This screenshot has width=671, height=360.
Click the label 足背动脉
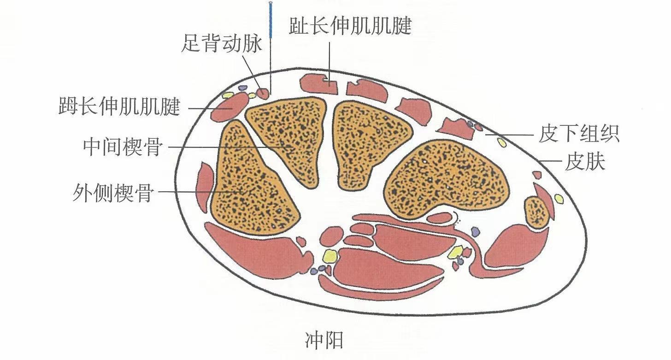point(222,44)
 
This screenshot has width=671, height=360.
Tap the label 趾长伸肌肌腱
point(350,26)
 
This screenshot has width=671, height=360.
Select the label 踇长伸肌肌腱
point(119,107)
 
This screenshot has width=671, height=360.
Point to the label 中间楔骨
point(123,147)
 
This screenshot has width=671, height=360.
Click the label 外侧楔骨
point(113,192)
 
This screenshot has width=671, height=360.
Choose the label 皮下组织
point(579,135)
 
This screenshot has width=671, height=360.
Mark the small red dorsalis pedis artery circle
point(263,94)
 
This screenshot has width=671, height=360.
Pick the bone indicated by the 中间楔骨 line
point(286,138)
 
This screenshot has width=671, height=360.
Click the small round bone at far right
point(537,212)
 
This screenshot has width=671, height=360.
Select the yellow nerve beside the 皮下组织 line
point(501,143)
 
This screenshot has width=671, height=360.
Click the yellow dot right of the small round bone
point(559,199)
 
